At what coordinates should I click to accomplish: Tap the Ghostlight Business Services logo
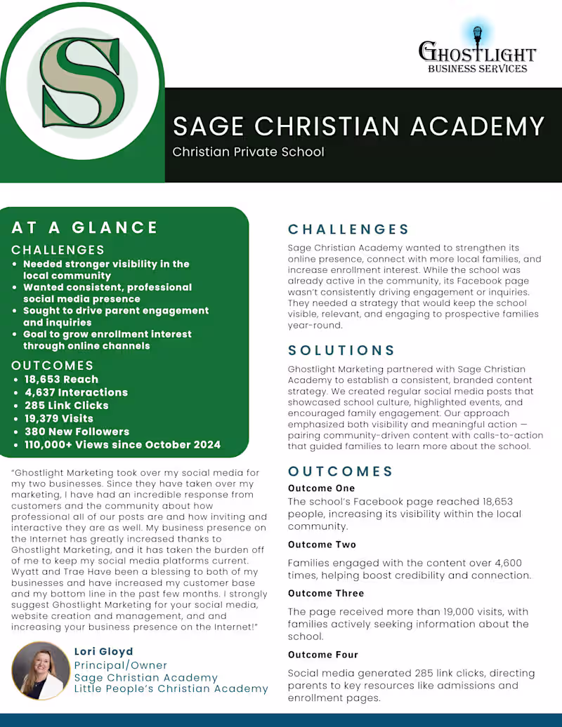click(477, 51)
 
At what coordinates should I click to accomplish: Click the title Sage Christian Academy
click(358, 126)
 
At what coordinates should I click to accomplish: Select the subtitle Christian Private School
click(248, 152)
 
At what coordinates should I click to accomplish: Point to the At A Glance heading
click(85, 227)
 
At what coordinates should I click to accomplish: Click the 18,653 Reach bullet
click(62, 380)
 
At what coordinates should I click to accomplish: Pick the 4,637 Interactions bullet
click(76, 392)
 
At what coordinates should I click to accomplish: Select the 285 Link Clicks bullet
click(67, 406)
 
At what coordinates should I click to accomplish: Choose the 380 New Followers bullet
click(77, 432)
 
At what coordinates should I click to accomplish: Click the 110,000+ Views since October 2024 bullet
click(122, 444)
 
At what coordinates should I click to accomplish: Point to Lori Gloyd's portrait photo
click(41, 671)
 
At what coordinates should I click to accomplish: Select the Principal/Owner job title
click(121, 665)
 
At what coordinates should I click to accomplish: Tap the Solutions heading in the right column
click(342, 350)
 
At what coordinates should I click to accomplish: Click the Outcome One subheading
click(322, 488)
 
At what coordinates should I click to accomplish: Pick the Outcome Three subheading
click(326, 594)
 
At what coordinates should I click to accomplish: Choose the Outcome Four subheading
click(323, 655)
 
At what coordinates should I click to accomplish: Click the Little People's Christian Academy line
click(171, 689)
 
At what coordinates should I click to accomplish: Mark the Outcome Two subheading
click(322, 545)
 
